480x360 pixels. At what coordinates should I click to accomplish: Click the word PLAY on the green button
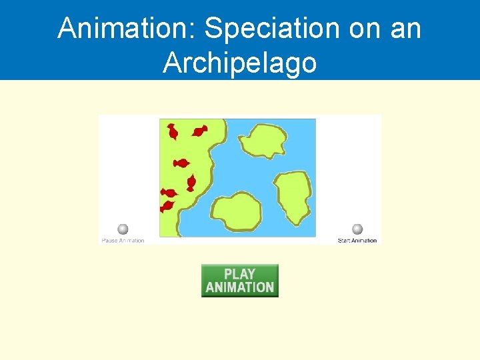pyautogui.click(x=239, y=274)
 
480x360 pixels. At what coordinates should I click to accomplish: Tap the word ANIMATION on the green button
pyautogui.click(x=239, y=287)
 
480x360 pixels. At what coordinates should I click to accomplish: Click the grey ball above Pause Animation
pyautogui.click(x=123, y=229)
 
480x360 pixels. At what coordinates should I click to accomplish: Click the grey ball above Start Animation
pyautogui.click(x=357, y=229)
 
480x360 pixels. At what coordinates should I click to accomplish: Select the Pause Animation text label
pyautogui.click(x=123, y=241)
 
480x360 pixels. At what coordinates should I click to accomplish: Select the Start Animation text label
pyautogui.click(x=357, y=241)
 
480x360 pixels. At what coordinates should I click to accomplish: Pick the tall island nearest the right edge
pyautogui.click(x=293, y=197)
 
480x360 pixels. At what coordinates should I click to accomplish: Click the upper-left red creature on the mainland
pyautogui.click(x=173, y=132)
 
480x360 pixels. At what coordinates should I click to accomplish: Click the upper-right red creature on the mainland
pyautogui.click(x=199, y=131)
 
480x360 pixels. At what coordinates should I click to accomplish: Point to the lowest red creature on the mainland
pyautogui.click(x=166, y=207)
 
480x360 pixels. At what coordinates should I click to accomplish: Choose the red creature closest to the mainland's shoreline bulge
pyautogui.click(x=191, y=182)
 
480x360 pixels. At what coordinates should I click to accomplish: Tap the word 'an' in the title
pyautogui.click(x=404, y=28)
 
